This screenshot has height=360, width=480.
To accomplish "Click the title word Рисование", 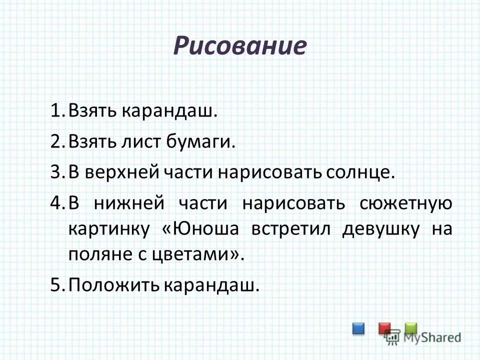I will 239,46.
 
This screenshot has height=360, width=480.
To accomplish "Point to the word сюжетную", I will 405,204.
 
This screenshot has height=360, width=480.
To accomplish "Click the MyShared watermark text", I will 430,337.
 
